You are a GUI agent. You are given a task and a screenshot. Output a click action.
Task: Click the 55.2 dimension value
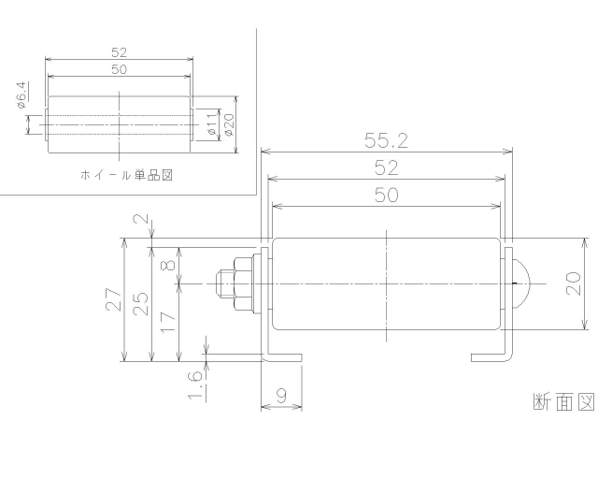coord(386,141)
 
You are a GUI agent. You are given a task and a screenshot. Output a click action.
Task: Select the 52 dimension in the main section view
coord(386,167)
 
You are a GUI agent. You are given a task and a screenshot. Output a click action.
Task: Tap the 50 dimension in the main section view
coord(386,195)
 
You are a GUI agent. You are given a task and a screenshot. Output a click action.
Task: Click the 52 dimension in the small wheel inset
coord(119,52)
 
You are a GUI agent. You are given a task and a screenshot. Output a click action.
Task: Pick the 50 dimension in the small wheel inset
coord(119,70)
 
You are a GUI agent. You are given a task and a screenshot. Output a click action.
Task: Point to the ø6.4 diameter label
coord(21,97)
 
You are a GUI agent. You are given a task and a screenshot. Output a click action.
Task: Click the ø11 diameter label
coord(212,125)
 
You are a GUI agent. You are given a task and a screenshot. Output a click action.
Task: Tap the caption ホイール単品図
coord(126,175)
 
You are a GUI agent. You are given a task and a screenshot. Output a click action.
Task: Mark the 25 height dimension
coord(140,303)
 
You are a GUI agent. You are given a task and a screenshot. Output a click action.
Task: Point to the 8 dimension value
coord(168,265)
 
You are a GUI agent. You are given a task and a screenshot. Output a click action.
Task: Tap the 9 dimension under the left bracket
coord(280,397)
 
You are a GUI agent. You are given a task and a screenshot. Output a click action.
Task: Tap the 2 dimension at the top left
coord(140,221)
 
